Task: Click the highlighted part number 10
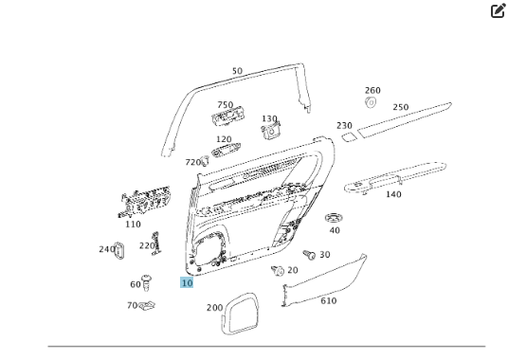click(187, 282)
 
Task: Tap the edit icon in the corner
click(498, 11)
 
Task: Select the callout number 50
click(237, 71)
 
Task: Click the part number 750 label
click(225, 105)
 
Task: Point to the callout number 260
click(372, 91)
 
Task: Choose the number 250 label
click(401, 107)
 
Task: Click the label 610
click(328, 300)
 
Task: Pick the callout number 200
click(214, 307)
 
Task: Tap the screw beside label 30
click(308, 254)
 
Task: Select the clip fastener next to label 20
click(277, 271)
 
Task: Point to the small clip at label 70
click(148, 305)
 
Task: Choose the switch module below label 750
click(227, 118)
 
